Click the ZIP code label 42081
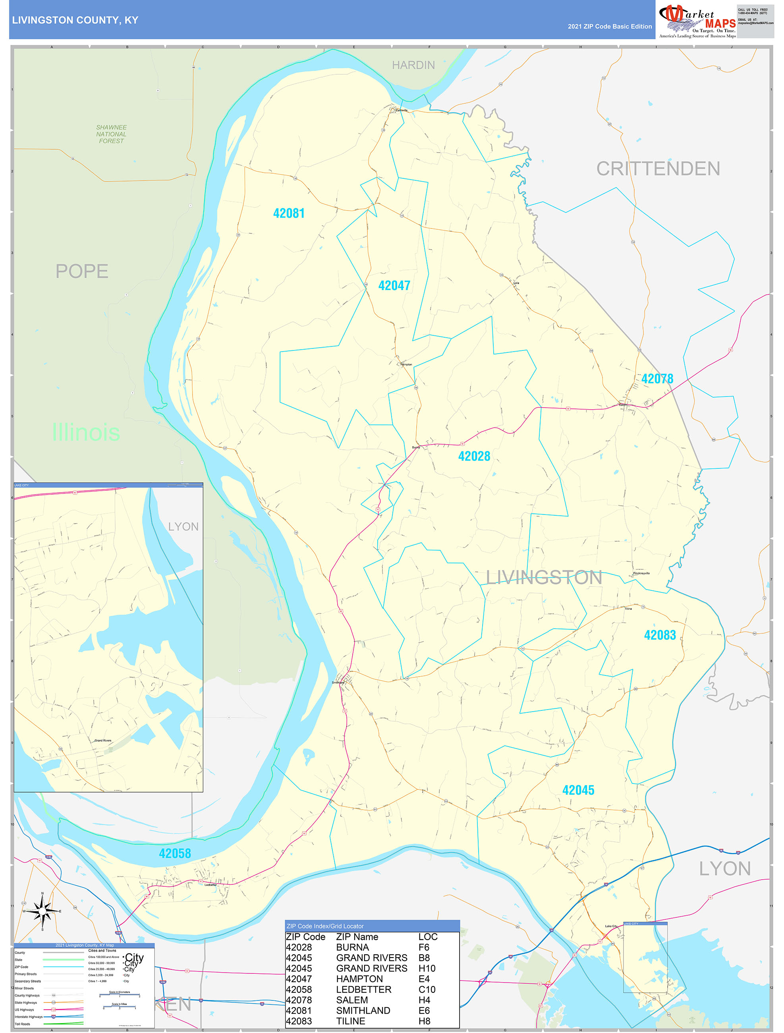289,213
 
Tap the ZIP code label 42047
394,286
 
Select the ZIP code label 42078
657,379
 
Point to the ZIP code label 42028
474,456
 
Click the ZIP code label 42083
659,635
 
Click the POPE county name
82,271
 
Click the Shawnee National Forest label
111,134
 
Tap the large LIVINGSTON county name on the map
544,578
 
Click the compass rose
42,911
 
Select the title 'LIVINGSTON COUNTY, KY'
75,20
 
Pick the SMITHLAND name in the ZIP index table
363,1011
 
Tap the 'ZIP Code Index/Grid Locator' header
324,926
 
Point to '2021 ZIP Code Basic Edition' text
609,27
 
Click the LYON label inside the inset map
183,527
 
